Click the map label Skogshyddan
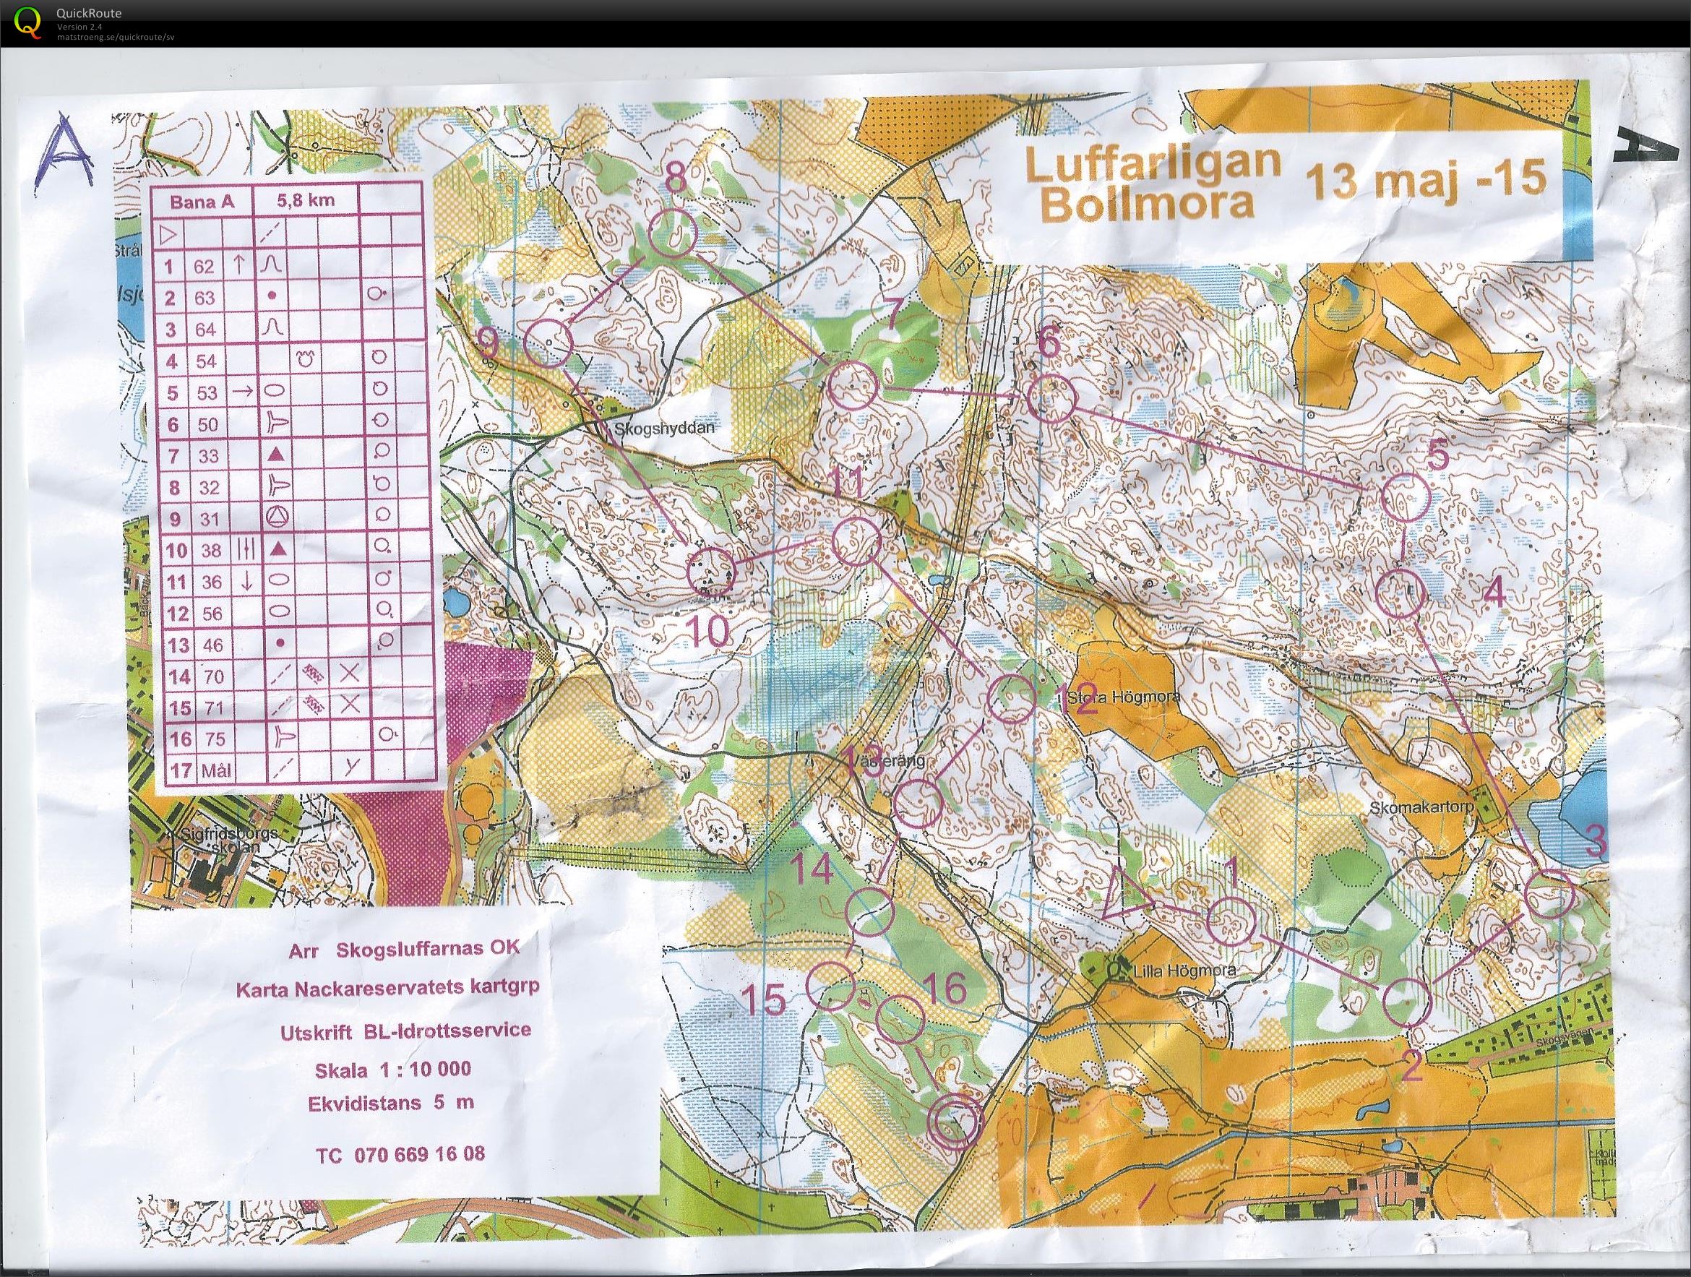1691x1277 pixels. (x=663, y=429)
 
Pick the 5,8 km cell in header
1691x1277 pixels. (x=307, y=201)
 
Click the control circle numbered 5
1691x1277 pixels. (x=1406, y=497)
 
